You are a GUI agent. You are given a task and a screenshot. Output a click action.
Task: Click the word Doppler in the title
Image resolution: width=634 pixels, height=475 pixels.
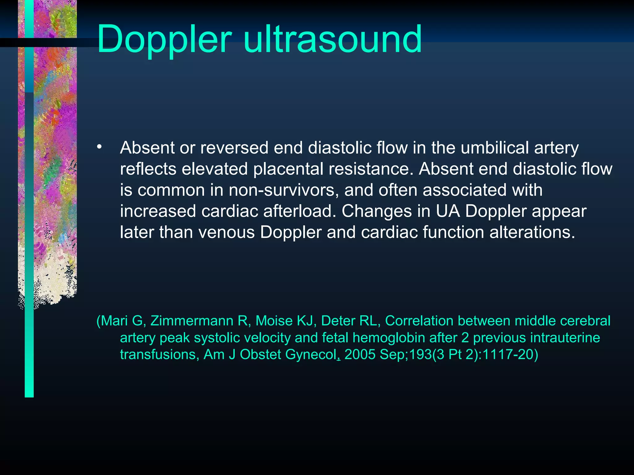[164, 40]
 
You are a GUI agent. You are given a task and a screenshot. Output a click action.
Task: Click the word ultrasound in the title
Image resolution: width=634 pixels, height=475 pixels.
[332, 40]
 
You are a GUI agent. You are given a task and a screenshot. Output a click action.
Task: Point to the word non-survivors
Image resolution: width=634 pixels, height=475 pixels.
[282, 190]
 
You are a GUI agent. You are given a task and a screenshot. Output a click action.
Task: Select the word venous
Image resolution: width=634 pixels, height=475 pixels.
[226, 232]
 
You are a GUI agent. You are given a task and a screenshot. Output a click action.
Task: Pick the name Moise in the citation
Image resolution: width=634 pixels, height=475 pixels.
[274, 321]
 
